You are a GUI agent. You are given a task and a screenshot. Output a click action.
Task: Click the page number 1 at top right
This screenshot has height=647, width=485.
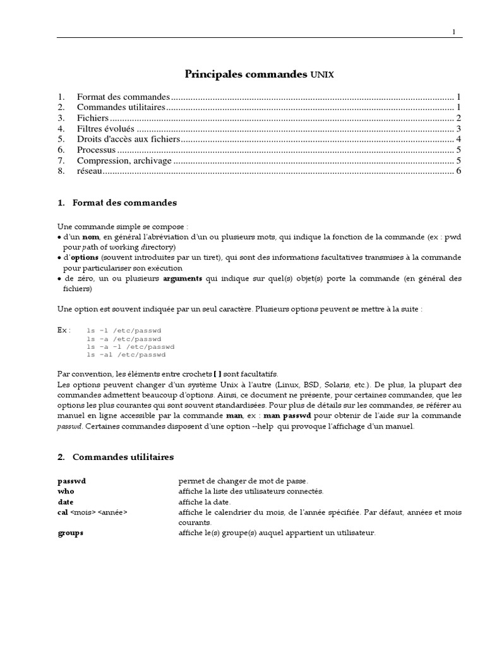pos(453,32)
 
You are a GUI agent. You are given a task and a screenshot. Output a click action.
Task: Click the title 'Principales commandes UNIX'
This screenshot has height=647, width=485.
pos(259,75)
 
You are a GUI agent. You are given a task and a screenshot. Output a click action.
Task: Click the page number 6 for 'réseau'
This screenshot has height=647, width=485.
pos(459,171)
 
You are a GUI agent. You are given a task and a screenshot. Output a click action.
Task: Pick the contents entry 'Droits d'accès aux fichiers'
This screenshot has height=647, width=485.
pos(128,139)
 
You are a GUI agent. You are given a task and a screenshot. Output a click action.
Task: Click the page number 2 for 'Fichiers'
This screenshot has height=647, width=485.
pos(459,118)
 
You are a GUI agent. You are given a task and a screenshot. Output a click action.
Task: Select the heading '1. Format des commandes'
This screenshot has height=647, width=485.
pos(117,203)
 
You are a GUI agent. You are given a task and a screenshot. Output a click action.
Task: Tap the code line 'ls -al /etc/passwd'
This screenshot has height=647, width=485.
pos(126,355)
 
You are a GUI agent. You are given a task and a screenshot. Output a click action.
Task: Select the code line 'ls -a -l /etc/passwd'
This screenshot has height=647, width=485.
pos(130,347)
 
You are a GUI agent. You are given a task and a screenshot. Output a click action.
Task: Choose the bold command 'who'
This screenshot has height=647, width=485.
pos(66,491)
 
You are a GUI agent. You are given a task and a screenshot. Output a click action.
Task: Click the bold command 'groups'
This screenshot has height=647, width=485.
pos(70,533)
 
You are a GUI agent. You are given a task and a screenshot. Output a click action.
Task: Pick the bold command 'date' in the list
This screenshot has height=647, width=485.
pos(66,502)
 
